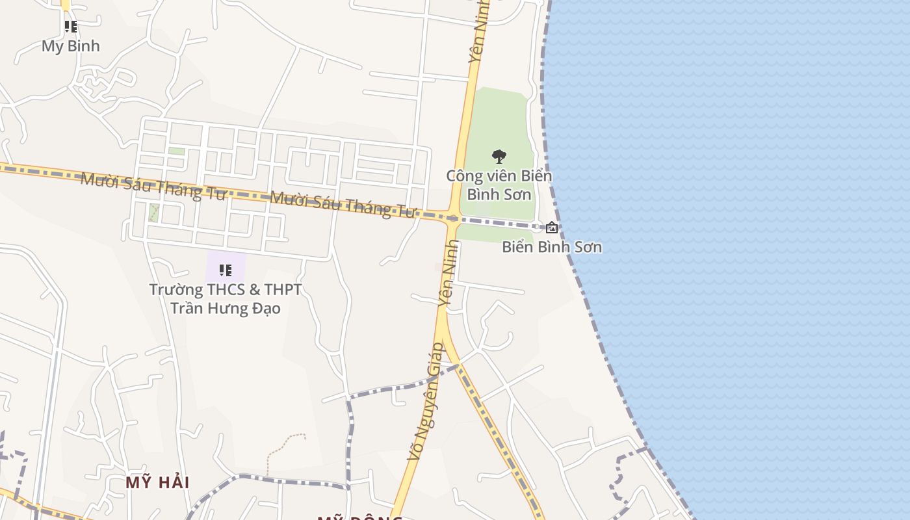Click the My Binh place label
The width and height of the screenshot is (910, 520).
[x=71, y=46]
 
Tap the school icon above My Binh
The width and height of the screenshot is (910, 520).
[x=71, y=27]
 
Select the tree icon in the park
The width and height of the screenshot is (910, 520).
[x=499, y=156]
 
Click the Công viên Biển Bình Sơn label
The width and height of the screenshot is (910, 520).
[x=499, y=185]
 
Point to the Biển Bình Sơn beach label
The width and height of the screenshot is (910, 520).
[x=552, y=247]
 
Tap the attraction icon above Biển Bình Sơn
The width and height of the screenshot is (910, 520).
[x=552, y=227]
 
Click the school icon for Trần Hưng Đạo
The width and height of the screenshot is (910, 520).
[x=226, y=270]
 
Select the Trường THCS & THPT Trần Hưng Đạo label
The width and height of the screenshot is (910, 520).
[x=226, y=298]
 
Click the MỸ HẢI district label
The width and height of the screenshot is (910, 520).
[x=157, y=483]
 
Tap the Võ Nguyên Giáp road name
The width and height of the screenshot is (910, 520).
[x=426, y=402]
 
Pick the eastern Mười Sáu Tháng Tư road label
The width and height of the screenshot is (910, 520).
[x=342, y=203]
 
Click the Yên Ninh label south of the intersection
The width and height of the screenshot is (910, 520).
[x=448, y=273]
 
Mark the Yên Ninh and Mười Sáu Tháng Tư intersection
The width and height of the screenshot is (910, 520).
[x=452, y=218]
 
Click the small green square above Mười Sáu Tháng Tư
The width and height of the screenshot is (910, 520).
[x=176, y=151]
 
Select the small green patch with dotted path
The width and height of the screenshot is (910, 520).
[x=154, y=212]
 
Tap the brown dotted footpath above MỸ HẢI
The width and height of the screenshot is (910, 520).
[x=286, y=445]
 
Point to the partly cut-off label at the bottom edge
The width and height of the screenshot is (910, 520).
[x=359, y=517]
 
